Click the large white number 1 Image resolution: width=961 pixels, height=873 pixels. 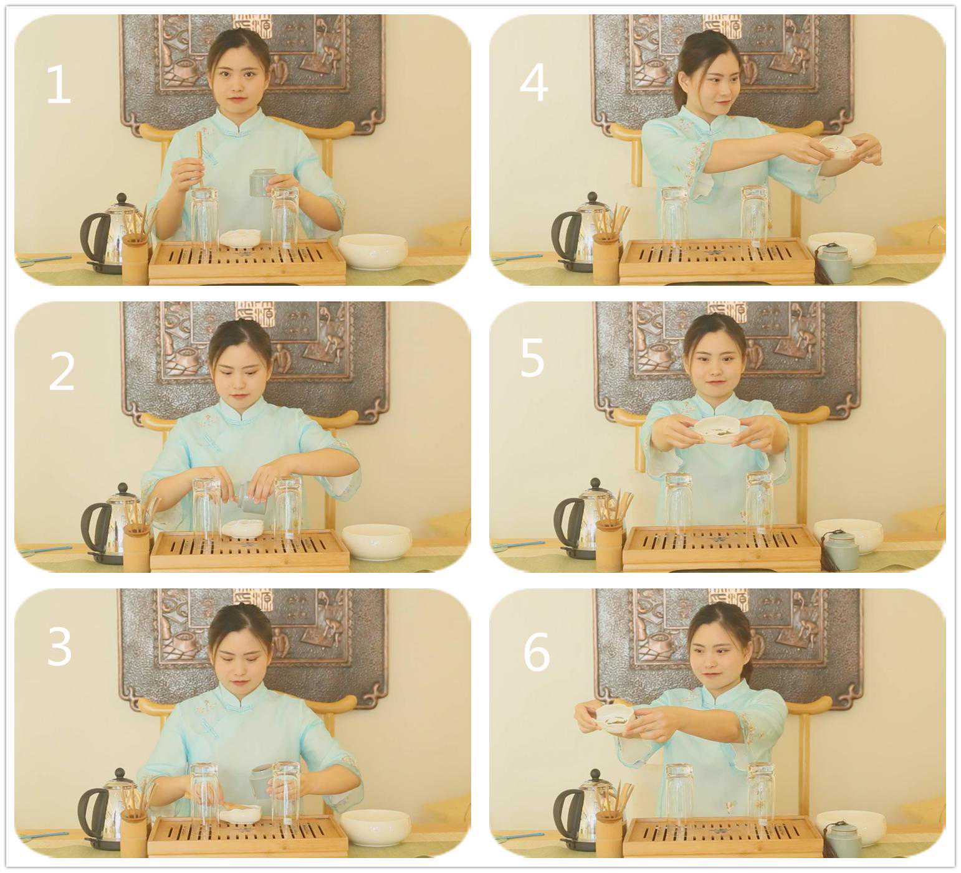click(59, 84)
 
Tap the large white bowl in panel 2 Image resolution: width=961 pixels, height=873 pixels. click(376, 541)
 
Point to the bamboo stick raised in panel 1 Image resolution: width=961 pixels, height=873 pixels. click(199, 159)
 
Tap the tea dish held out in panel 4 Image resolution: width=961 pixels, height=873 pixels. click(838, 147)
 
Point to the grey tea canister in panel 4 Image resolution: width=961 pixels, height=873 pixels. click(834, 263)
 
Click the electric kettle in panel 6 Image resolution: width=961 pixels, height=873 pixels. click(581, 809)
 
